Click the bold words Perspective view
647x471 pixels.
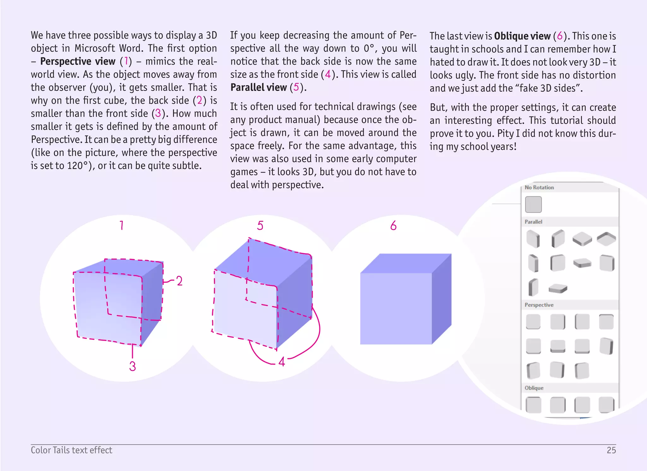click(x=78, y=61)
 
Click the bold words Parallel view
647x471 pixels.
click(x=258, y=87)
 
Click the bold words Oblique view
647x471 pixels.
click(x=522, y=36)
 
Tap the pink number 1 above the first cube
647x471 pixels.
click(x=122, y=225)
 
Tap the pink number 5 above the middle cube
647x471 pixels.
click(x=260, y=225)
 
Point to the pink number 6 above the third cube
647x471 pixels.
click(x=393, y=225)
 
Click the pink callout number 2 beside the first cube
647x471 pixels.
click(x=179, y=281)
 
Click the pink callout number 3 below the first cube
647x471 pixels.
click(x=132, y=366)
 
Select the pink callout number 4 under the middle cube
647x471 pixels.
click(x=282, y=361)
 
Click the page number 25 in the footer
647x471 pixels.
click(x=611, y=450)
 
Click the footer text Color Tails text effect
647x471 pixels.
click(x=71, y=450)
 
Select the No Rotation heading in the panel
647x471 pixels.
click(x=539, y=188)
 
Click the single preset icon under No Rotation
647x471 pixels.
click(x=533, y=205)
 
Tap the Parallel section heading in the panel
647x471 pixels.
click(x=533, y=222)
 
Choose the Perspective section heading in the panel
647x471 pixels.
click(x=539, y=305)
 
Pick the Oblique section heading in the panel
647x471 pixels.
click(x=534, y=388)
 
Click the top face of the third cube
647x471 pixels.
click(x=406, y=263)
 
